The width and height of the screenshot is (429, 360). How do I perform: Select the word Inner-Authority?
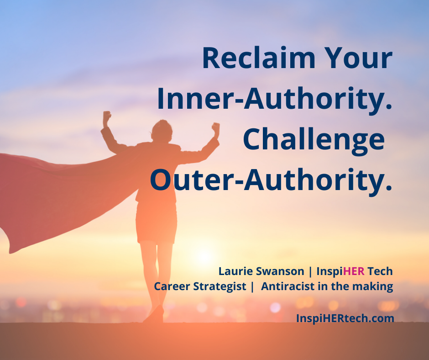pos(275,99)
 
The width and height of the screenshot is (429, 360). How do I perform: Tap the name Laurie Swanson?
pos(261,271)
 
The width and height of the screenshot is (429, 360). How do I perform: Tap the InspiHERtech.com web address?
pos(345,318)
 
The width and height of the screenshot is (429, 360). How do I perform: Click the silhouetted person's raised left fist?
pos(107,117)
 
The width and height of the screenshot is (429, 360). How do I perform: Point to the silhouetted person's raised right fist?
pos(215,127)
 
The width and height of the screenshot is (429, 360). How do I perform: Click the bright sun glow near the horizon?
pos(205,256)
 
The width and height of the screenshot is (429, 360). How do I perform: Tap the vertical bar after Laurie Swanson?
pos(311,271)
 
